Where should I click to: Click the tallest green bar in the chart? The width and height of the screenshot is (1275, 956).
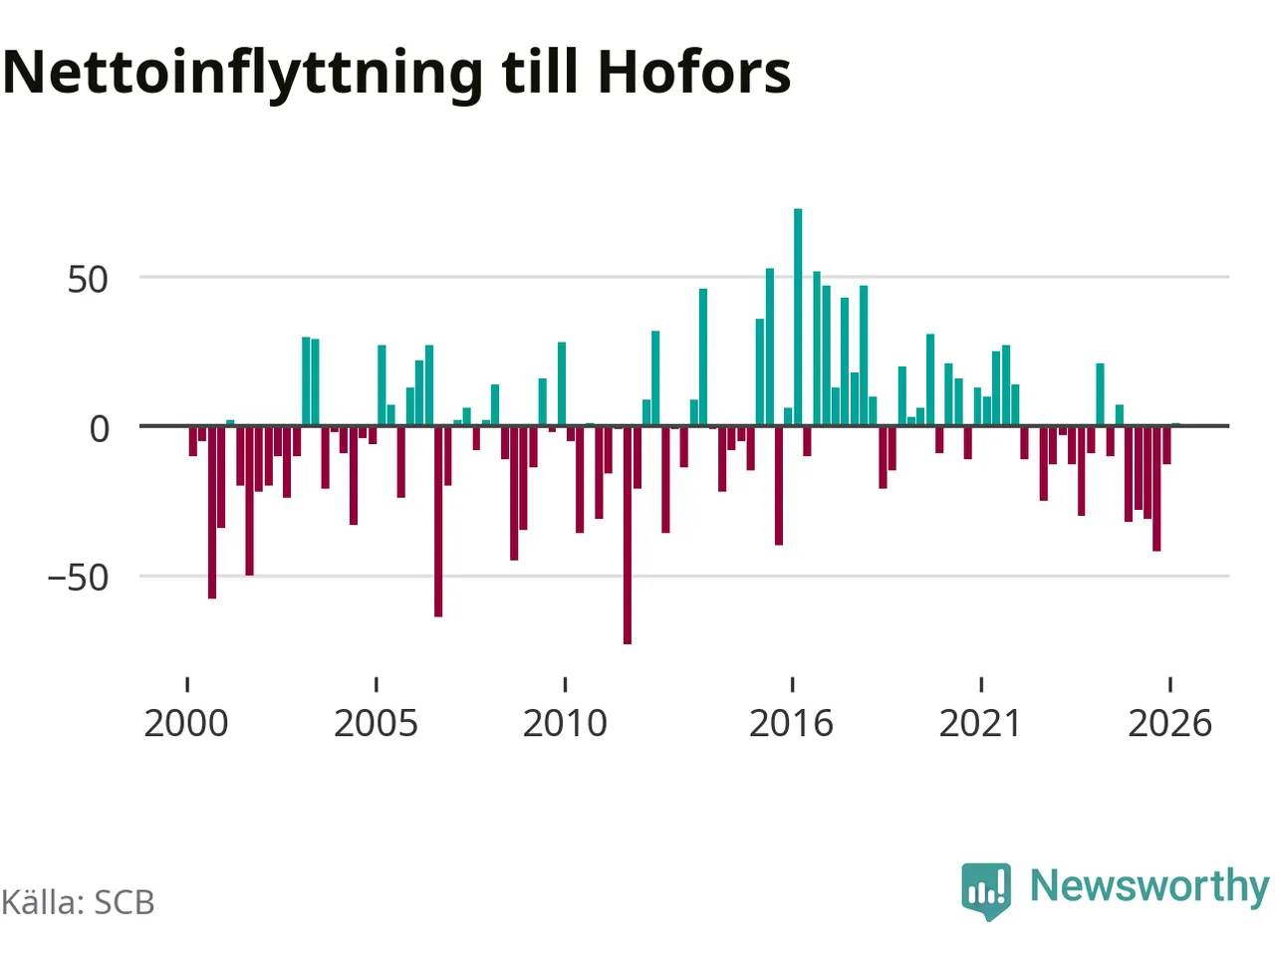click(798, 317)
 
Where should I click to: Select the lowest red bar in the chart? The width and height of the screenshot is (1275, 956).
click(628, 535)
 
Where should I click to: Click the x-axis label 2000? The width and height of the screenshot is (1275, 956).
click(186, 724)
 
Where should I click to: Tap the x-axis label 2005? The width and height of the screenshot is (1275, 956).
click(376, 724)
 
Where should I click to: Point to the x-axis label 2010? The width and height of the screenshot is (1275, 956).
click(565, 724)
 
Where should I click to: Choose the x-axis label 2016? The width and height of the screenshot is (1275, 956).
click(791, 724)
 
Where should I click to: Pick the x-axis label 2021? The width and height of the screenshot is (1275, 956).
click(980, 724)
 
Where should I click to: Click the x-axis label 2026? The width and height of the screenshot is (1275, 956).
click(1169, 724)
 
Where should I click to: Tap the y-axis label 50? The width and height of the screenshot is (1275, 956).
click(88, 281)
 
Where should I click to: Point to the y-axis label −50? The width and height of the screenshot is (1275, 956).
click(78, 579)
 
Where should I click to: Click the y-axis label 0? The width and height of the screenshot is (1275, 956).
click(100, 430)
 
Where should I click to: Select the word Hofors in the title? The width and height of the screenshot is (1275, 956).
click(694, 72)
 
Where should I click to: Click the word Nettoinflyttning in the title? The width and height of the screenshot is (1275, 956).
click(242, 76)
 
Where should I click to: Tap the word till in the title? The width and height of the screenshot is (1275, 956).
click(540, 71)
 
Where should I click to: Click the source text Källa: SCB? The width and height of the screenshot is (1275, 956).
click(78, 902)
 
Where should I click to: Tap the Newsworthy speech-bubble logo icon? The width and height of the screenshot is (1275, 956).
click(986, 891)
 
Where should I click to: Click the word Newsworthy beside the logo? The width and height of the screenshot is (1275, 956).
click(1150, 887)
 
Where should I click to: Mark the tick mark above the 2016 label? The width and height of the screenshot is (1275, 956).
click(792, 684)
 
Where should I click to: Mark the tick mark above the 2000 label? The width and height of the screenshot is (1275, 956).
click(187, 684)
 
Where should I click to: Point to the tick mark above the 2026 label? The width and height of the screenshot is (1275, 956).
click(1170, 684)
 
